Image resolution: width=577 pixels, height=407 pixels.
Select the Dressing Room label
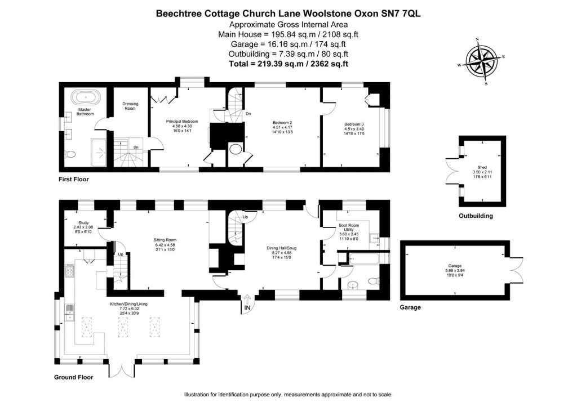pos(130,106)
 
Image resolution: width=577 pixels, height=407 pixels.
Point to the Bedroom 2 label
pos(282,126)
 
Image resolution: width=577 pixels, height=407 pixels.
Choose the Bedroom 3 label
pos(355,127)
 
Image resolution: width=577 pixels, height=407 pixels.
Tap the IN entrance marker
pos(247,307)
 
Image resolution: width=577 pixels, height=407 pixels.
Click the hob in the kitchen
pos(71,271)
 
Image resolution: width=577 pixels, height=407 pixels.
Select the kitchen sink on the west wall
pos(70,310)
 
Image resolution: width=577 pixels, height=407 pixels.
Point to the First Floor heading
pos(74,180)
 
